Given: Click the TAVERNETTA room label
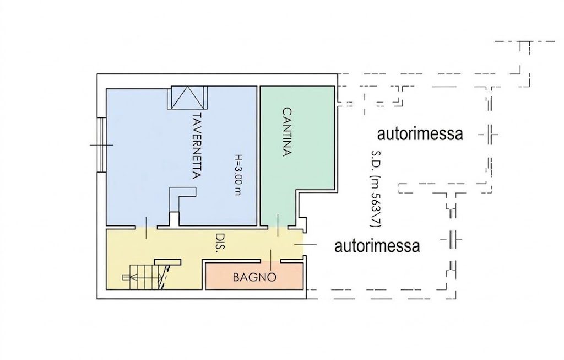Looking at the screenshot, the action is [x=196, y=146].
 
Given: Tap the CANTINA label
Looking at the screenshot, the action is [x=286, y=131].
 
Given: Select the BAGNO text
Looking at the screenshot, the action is [x=254, y=277].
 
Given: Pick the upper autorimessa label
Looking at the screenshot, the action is [x=420, y=133].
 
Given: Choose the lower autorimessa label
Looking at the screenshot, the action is [x=377, y=246].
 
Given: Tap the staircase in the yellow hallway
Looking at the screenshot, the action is [x=145, y=277].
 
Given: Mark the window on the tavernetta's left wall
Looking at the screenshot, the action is [x=102, y=145].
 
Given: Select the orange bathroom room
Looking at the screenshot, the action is [x=254, y=276].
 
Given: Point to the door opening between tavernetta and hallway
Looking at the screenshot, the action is [x=147, y=228].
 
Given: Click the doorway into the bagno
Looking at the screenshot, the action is [x=271, y=261].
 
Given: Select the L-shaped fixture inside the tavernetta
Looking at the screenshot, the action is [x=182, y=200].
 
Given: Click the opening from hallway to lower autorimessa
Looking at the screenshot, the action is [x=304, y=244].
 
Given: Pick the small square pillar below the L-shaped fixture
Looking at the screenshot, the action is [x=174, y=219].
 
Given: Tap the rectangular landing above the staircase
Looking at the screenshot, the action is [x=167, y=261].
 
